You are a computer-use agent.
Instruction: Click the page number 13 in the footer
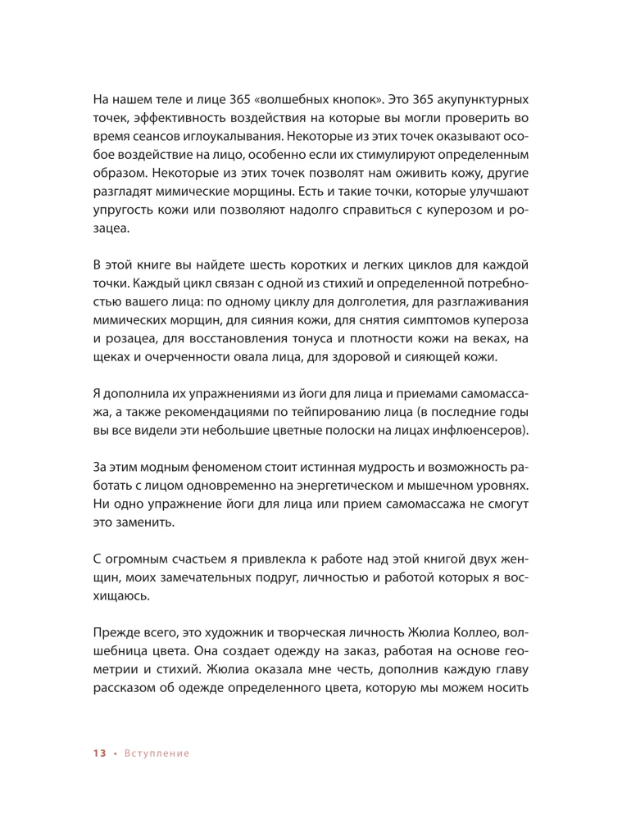pos(99,753)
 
